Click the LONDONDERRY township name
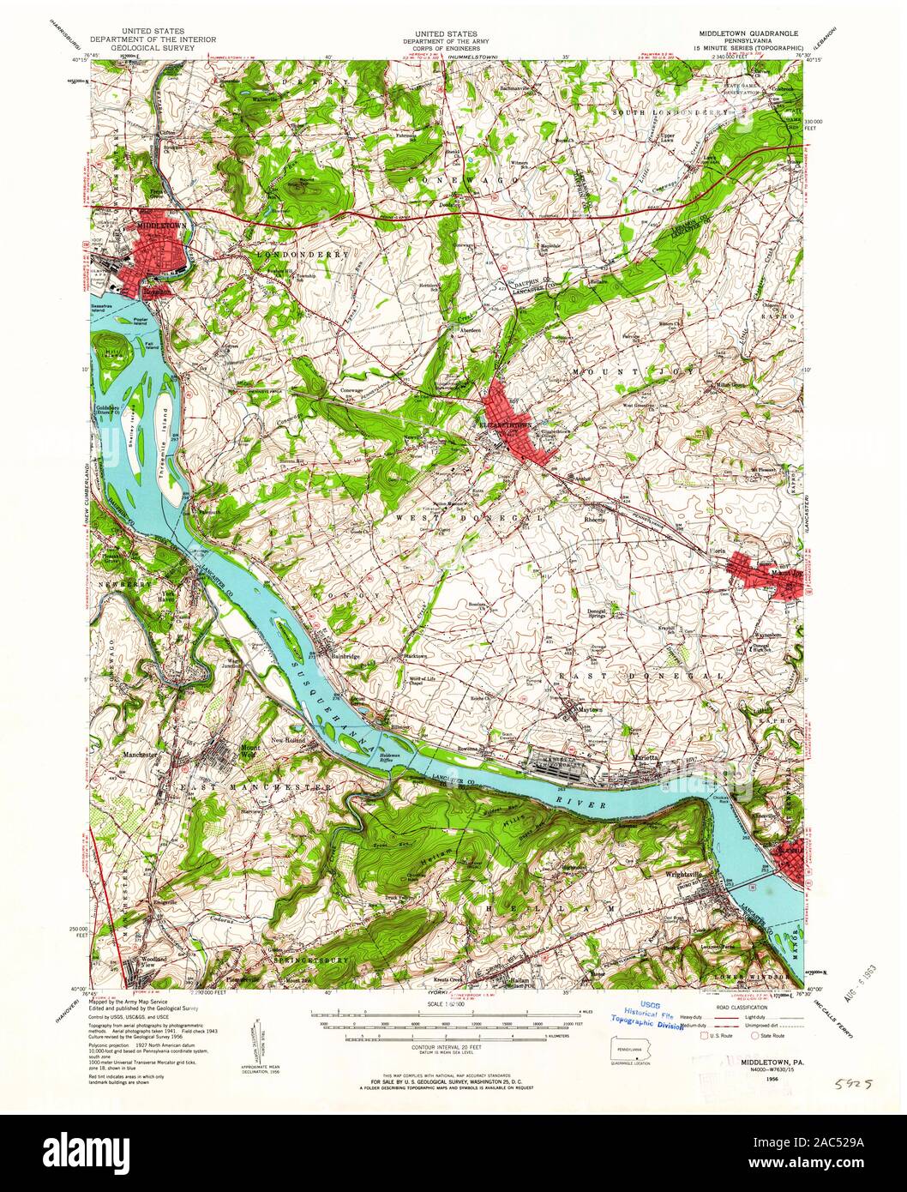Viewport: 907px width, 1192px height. click(296, 256)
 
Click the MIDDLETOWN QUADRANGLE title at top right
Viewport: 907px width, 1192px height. click(744, 33)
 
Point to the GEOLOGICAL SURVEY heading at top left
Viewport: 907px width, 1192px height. click(152, 50)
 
